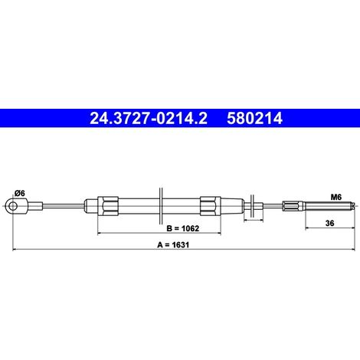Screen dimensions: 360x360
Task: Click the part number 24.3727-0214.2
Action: (x=149, y=118)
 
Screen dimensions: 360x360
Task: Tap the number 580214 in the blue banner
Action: (x=254, y=118)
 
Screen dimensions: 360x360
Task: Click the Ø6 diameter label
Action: (x=20, y=193)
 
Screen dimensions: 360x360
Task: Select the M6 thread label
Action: (x=336, y=197)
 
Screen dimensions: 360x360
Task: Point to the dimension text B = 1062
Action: (x=182, y=228)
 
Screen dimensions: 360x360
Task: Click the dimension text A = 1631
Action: (x=173, y=245)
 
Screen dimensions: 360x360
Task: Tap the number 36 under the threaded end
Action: (x=329, y=223)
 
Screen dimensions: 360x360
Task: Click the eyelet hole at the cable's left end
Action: (x=12, y=206)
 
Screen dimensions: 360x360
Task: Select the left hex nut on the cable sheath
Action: (x=108, y=206)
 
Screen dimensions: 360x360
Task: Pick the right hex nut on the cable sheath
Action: (x=211, y=206)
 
